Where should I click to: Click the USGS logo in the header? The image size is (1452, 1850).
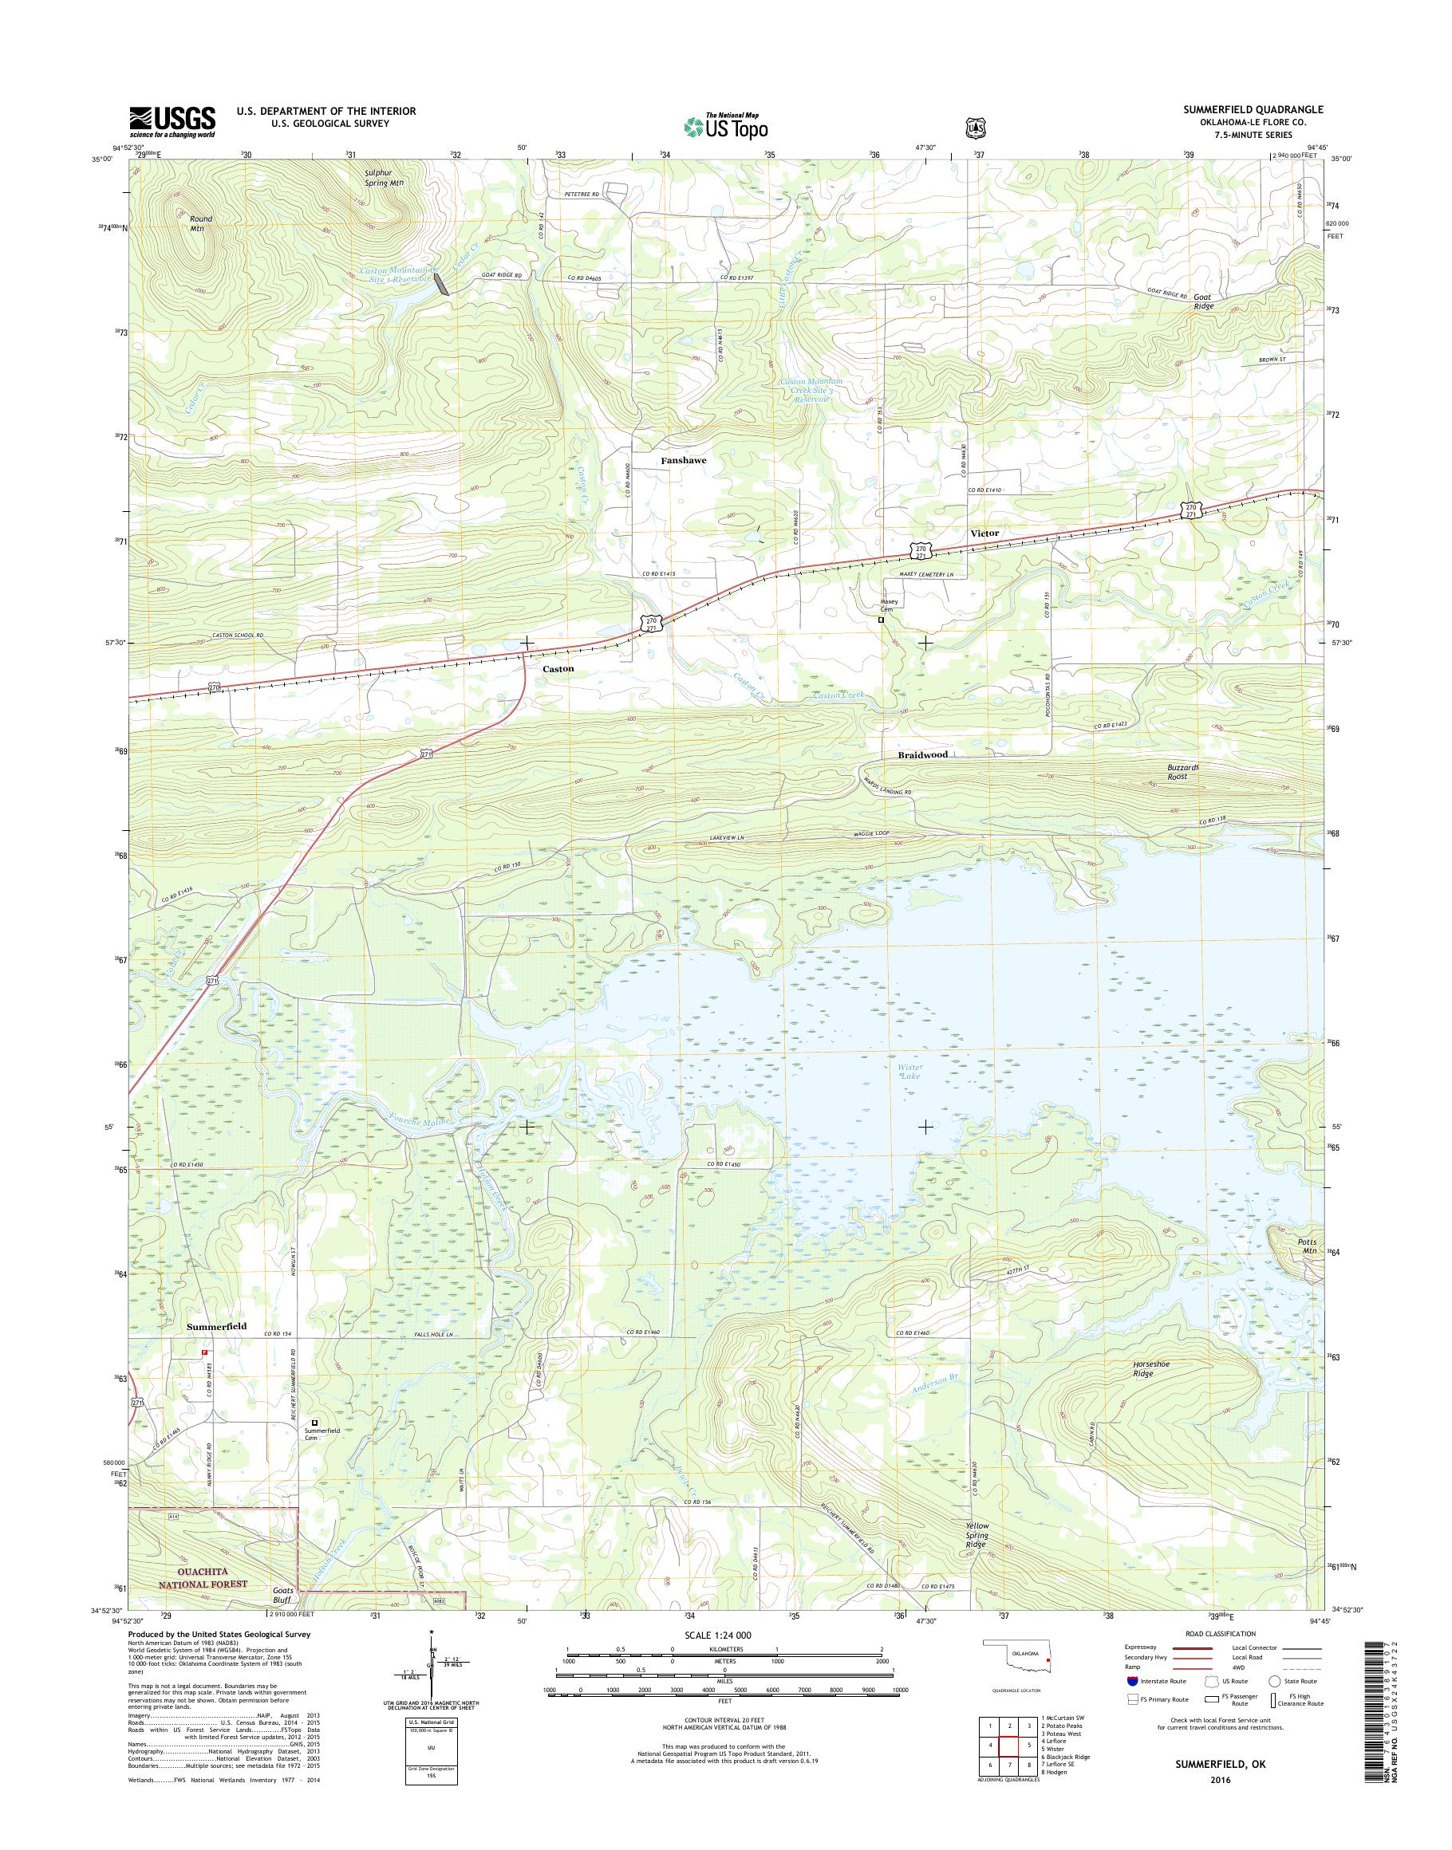coord(172,121)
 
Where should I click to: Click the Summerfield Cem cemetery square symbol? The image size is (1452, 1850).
coord(314,1422)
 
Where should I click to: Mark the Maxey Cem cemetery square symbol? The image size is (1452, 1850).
coord(882,620)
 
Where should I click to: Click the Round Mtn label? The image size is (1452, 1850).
coord(200,223)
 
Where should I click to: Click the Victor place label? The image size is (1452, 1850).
coord(984,533)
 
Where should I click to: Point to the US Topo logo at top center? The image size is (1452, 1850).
coord(725,125)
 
